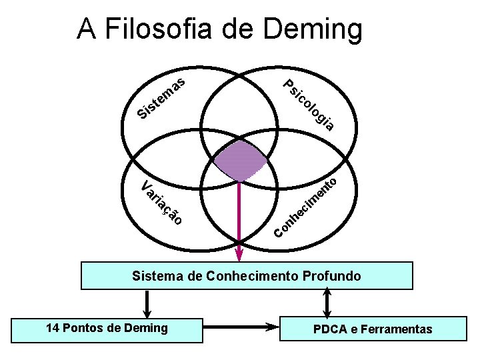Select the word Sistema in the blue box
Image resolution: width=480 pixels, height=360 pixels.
(155, 275)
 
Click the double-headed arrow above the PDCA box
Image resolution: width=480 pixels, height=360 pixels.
(327, 305)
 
